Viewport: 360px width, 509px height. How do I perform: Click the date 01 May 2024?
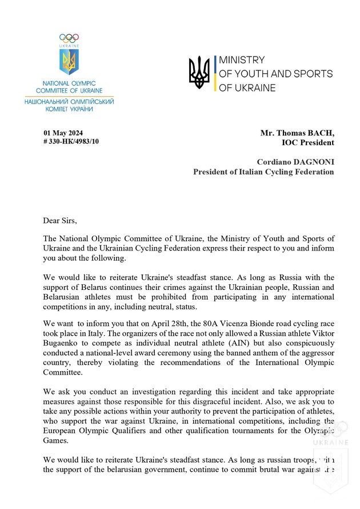(59, 133)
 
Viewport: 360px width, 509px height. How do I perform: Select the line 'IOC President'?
(306, 142)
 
